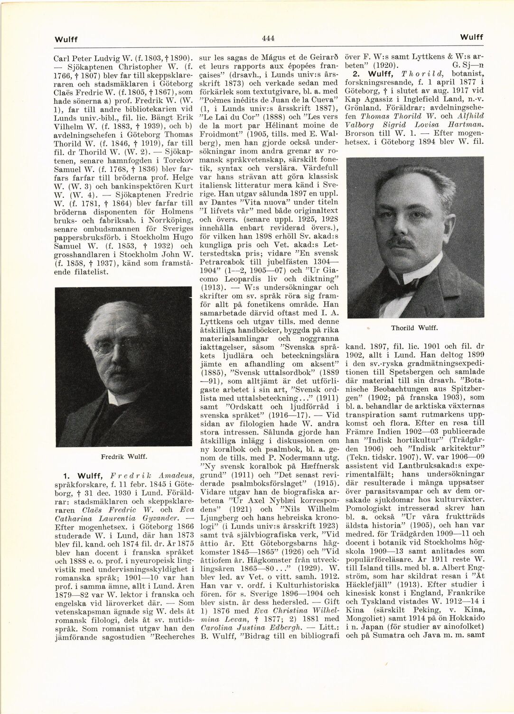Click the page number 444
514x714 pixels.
[x=268, y=38]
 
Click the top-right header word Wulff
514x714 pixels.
[x=472, y=37]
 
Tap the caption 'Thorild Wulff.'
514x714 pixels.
[x=413, y=327]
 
